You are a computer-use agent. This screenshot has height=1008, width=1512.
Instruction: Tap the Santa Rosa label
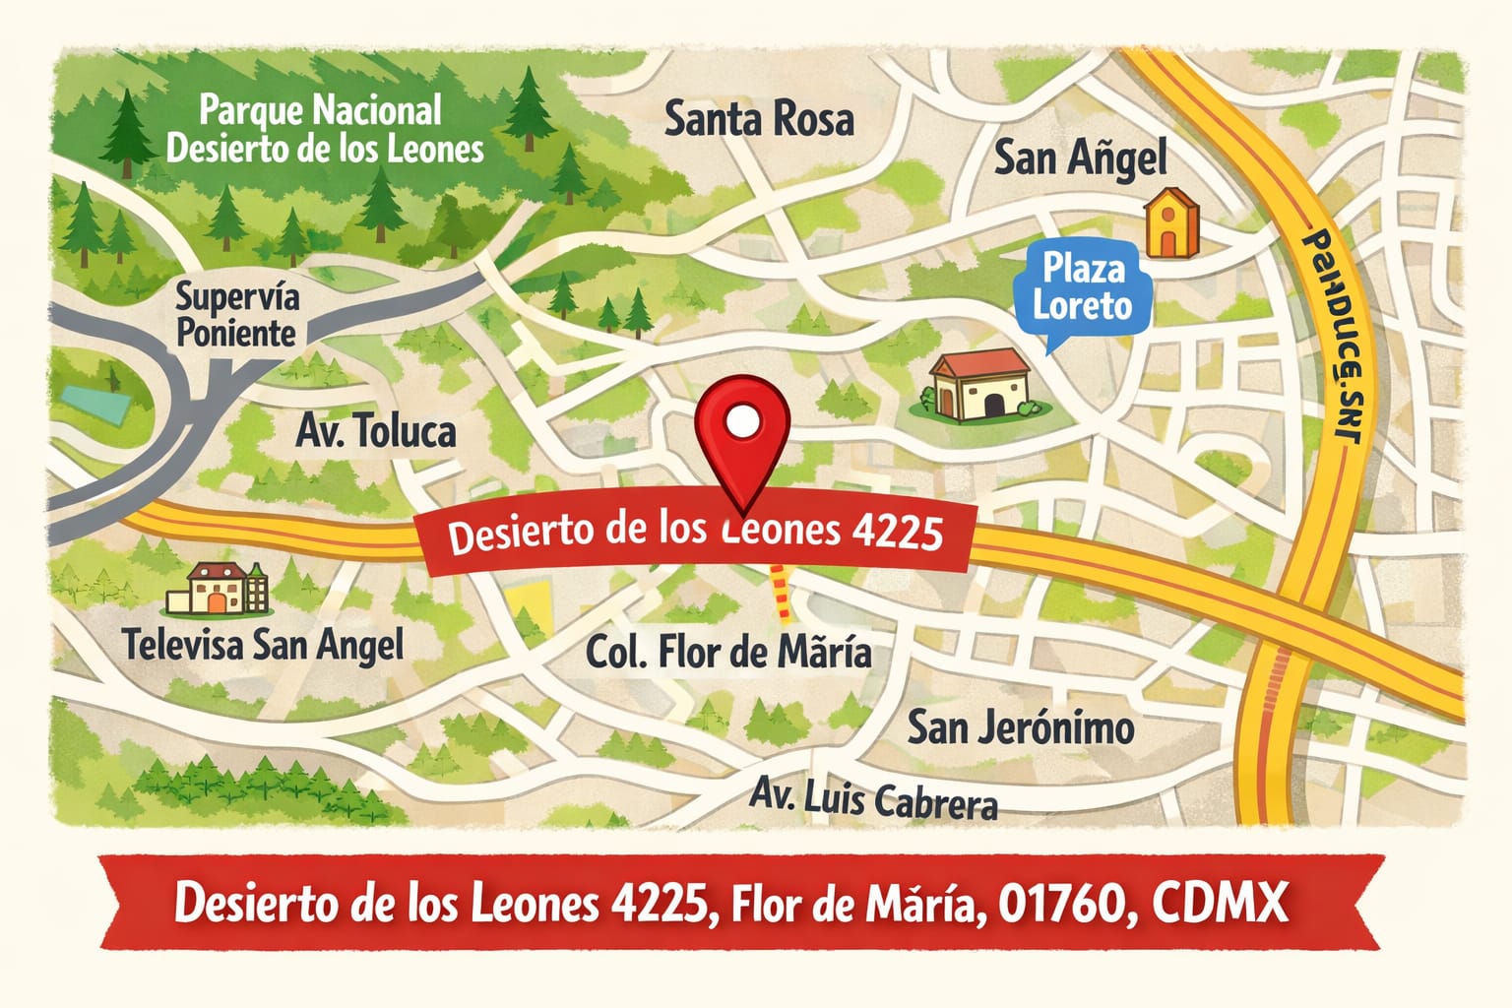tap(759, 120)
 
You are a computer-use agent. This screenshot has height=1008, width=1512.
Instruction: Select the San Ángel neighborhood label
tap(1080, 158)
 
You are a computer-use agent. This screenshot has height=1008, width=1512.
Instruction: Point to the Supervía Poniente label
tap(236, 314)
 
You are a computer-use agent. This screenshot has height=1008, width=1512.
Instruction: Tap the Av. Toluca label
tap(376, 431)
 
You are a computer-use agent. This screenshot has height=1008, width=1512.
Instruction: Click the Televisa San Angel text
tap(263, 645)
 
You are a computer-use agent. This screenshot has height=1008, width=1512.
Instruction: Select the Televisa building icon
tap(218, 589)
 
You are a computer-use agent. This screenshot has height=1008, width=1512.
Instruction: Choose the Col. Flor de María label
tap(728, 652)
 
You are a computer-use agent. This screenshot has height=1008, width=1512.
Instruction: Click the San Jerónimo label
tap(1020, 728)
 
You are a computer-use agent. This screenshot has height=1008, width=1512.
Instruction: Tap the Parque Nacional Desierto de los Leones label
tap(324, 129)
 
